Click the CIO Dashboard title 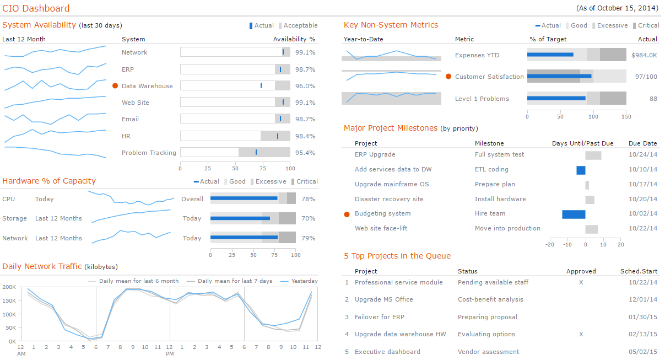pyautogui.click(x=36, y=8)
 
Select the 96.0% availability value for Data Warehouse pyautogui.click(x=305, y=86)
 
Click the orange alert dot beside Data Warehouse pyautogui.click(x=115, y=86)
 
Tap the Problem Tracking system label pyautogui.click(x=149, y=153)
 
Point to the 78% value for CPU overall pyautogui.click(x=309, y=199)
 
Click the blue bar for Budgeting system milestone pyautogui.click(x=574, y=214)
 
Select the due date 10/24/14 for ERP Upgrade pyautogui.click(x=642, y=154)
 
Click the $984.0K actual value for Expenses pyautogui.click(x=644, y=55)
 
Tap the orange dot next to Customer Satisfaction pyautogui.click(x=448, y=77)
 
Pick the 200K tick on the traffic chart pyautogui.click(x=9, y=287)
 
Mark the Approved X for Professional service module pyautogui.click(x=581, y=282)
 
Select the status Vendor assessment pyautogui.click(x=488, y=352)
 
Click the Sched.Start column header pyautogui.click(x=639, y=271)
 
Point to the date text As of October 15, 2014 pyautogui.click(x=617, y=8)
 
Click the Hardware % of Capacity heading pyautogui.click(x=49, y=181)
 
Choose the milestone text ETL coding pyautogui.click(x=491, y=169)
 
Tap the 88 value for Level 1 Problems pyautogui.click(x=653, y=99)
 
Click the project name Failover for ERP pyautogui.click(x=379, y=317)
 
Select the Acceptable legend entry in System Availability pyautogui.click(x=300, y=25)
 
